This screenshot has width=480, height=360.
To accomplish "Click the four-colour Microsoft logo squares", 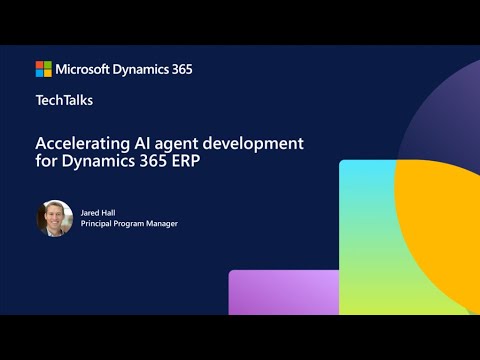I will pos(44,69).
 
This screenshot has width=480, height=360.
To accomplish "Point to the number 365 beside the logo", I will pos(180,69).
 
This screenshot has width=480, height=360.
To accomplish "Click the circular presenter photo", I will pos(55,218).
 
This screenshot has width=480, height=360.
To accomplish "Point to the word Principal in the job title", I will pos(99,224).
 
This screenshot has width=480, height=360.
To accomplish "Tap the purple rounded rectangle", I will pos(285,292).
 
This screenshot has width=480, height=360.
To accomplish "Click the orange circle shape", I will pos(440,210).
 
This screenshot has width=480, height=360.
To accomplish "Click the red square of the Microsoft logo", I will pos(40,65).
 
